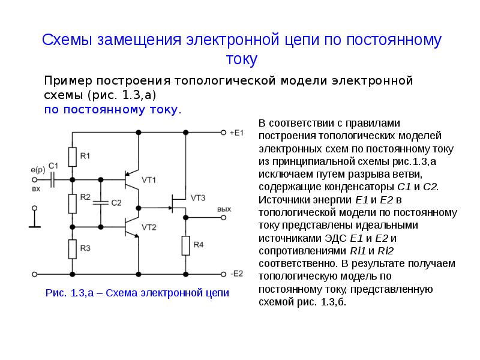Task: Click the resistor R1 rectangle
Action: click(72, 157)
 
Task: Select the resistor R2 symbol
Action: click(72, 203)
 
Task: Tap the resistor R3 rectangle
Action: click(72, 249)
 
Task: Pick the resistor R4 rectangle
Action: click(186, 245)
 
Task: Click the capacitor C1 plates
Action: click(52, 179)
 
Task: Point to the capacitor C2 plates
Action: click(101, 203)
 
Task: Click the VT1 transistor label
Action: click(149, 180)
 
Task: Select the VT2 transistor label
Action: click(149, 227)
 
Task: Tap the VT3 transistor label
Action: click(198, 198)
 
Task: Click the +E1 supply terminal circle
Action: click(223, 133)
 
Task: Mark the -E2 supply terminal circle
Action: click(223, 274)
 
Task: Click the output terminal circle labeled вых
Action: click(223, 218)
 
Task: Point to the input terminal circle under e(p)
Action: click(35, 179)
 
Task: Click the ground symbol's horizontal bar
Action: click(35, 227)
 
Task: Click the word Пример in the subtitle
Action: click(68, 81)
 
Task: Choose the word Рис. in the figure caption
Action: click(56, 293)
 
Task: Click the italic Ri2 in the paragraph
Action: click(385, 251)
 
